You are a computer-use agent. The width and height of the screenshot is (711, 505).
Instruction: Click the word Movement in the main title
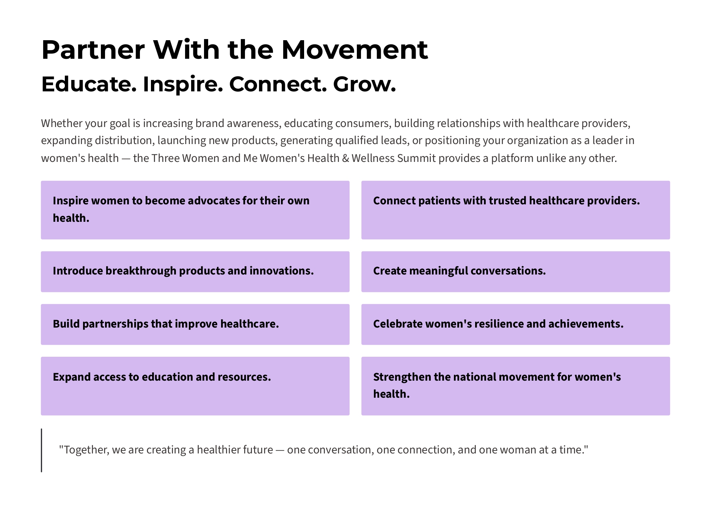pos(355,50)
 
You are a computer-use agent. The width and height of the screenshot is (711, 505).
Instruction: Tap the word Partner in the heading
pos(93,50)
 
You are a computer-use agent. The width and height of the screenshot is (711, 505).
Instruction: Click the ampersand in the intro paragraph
pos(345,158)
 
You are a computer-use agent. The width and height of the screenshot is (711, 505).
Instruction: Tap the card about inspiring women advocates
pos(195,210)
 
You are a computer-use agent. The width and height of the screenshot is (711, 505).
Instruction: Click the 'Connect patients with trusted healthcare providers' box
pos(516,210)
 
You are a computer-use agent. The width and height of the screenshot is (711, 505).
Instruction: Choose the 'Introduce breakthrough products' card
pos(195,271)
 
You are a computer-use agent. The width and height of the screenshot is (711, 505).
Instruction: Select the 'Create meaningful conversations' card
pos(516,271)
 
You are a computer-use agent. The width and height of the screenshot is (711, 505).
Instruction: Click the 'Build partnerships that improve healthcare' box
pos(195,325)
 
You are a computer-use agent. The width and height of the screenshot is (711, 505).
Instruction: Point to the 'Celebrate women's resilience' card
pos(516,325)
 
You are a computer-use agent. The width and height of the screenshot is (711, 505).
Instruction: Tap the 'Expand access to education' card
pos(195,386)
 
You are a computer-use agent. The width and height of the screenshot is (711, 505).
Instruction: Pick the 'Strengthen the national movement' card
pos(516,386)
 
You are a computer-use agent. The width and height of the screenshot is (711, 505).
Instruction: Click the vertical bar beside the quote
pos(41,450)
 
